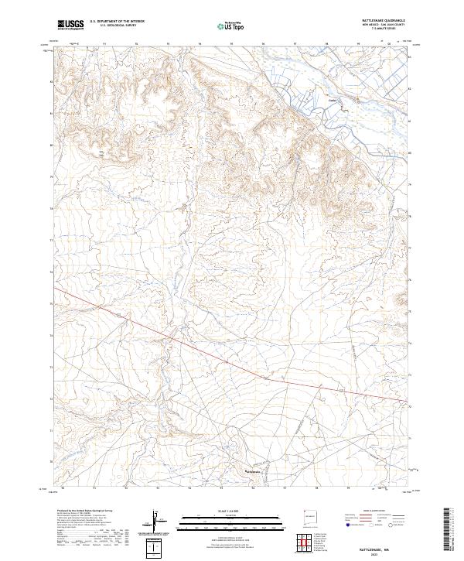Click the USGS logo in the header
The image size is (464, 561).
pos(70,26)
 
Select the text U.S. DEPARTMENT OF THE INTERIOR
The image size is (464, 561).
pos(117,22)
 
